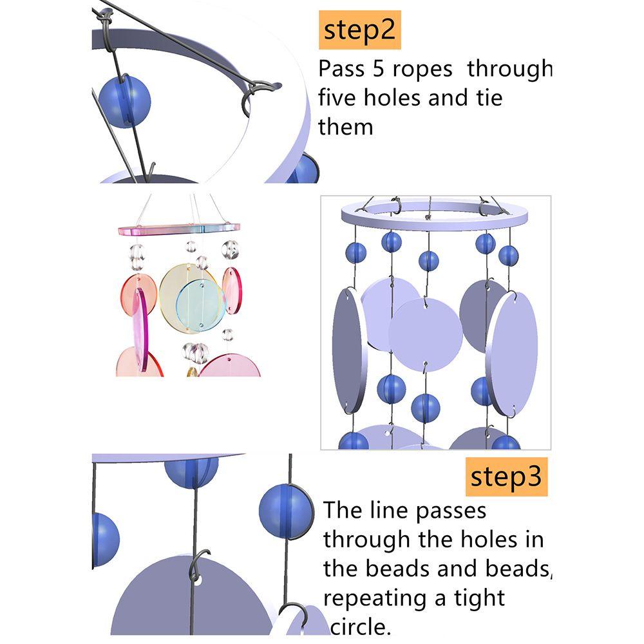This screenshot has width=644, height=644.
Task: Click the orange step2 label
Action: [360, 30]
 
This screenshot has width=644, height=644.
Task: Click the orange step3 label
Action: [506, 477]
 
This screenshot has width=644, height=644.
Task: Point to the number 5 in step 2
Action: [378, 69]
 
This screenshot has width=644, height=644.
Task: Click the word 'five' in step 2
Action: [337, 98]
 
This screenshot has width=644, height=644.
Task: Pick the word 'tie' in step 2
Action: [489, 98]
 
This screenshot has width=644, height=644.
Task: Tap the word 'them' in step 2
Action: [346, 127]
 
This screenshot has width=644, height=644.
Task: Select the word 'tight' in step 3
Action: [479, 598]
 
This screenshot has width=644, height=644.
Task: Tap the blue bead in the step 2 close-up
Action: [124, 102]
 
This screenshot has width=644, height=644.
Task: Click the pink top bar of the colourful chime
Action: [179, 229]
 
